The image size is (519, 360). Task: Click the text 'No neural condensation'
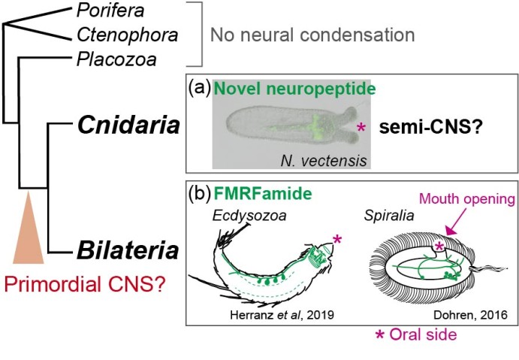(312, 35)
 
